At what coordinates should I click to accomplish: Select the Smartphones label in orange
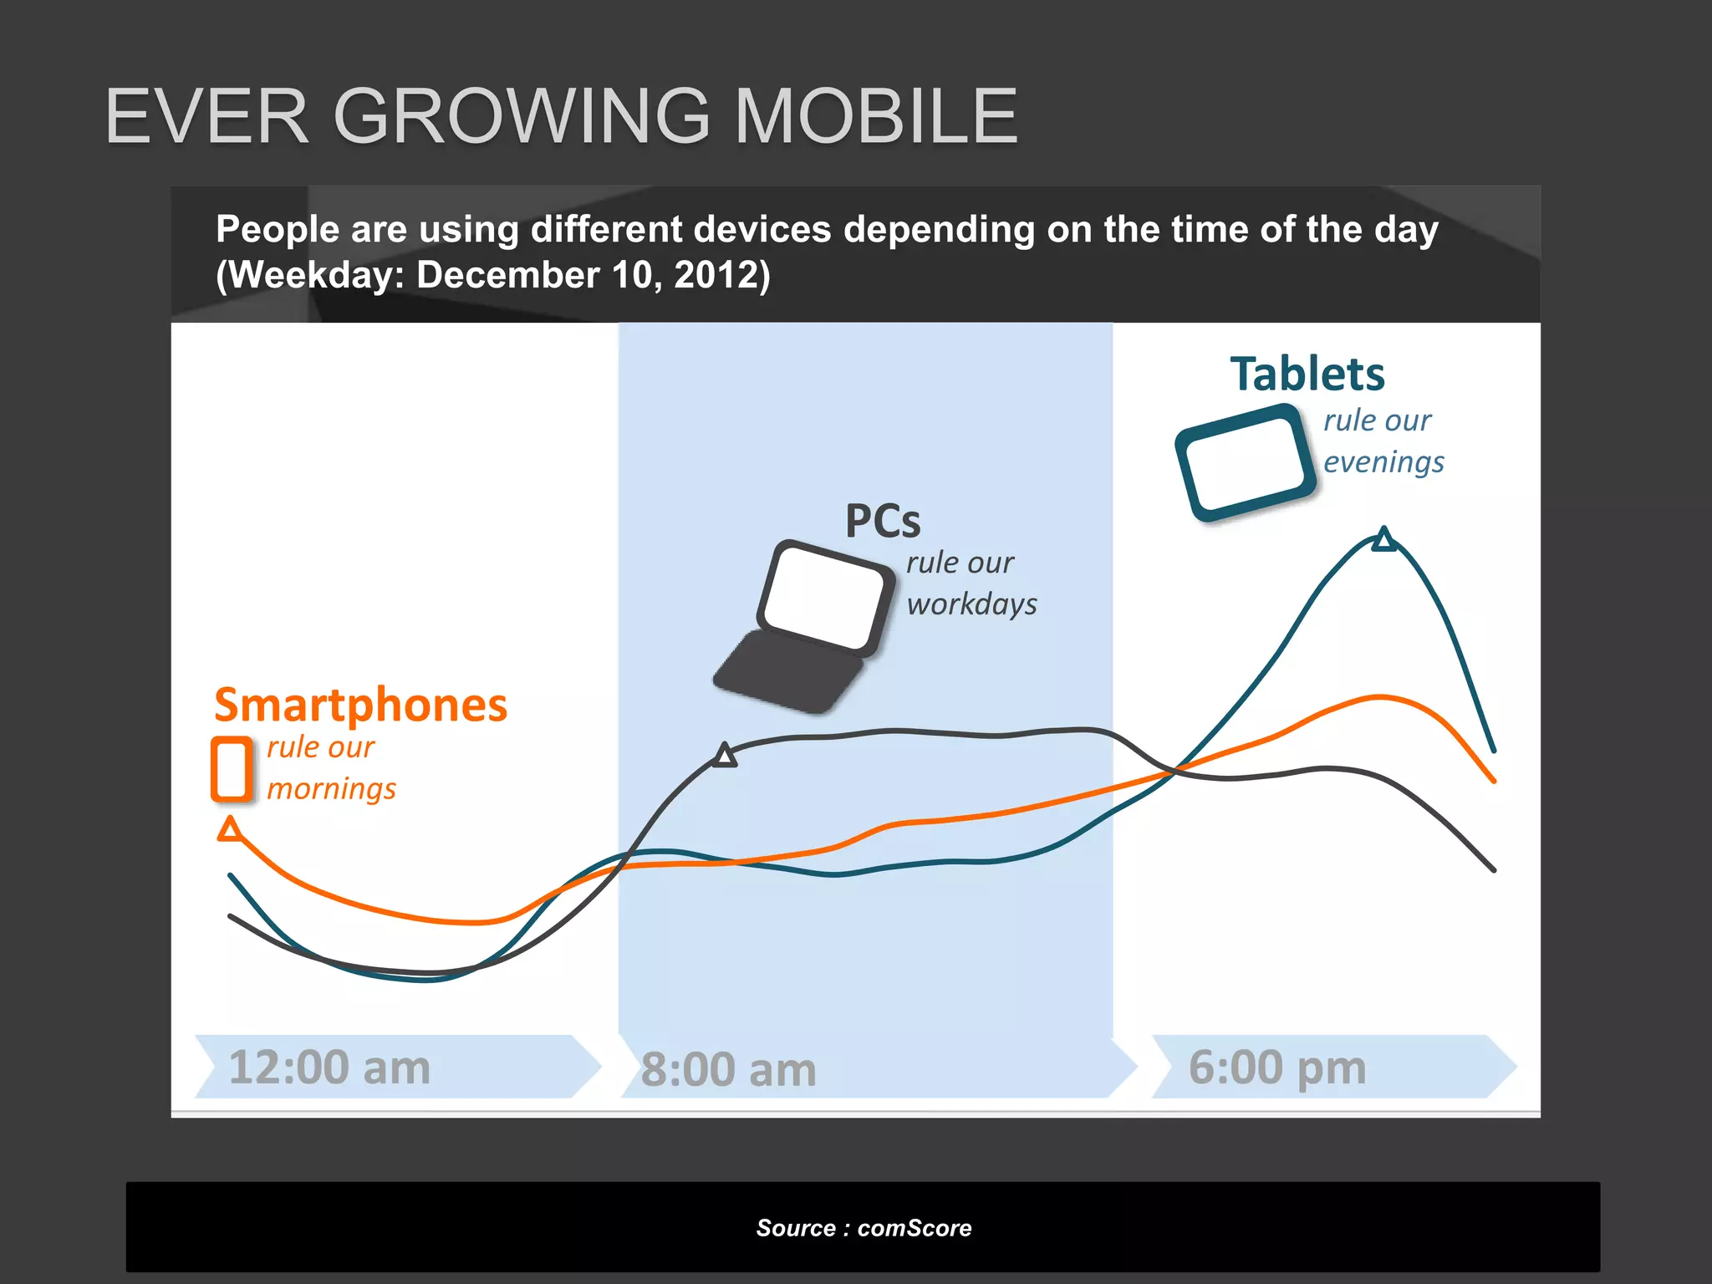click(360, 705)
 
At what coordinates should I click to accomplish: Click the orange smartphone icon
click(232, 769)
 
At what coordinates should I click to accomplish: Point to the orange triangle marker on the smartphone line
click(230, 830)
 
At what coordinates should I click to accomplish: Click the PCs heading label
click(883, 521)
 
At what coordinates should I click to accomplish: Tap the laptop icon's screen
click(823, 595)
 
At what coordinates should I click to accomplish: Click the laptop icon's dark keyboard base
click(787, 671)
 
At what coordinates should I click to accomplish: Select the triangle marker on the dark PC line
click(725, 756)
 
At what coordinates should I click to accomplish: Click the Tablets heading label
click(1307, 374)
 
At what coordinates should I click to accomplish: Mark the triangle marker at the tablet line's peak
click(1384, 540)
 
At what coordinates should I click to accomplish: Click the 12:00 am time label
click(329, 1067)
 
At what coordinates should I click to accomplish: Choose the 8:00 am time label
click(728, 1070)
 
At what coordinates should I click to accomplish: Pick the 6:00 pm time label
click(1277, 1067)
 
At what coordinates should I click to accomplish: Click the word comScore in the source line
click(915, 1228)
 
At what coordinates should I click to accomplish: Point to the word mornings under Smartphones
click(331, 788)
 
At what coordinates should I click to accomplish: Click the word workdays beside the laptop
click(971, 604)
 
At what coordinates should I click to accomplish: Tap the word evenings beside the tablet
click(1383, 461)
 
